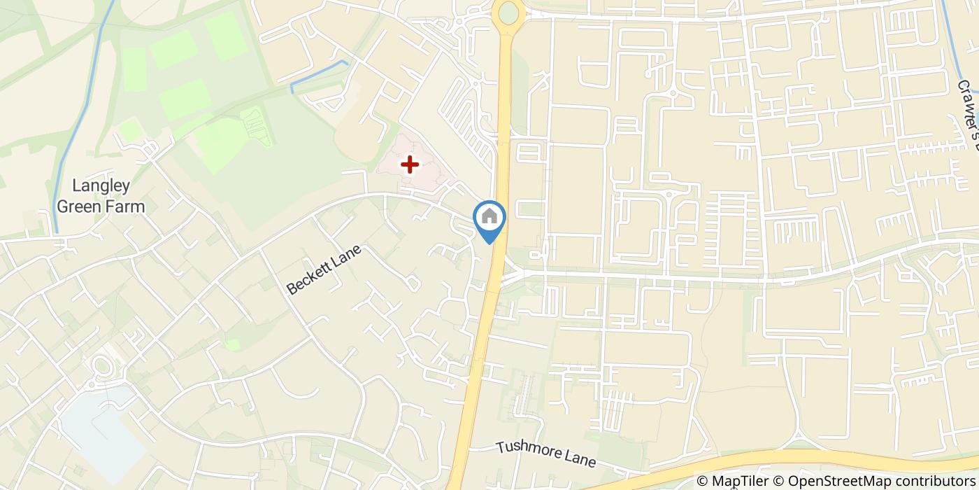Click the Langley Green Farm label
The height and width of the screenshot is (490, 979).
[x=101, y=196]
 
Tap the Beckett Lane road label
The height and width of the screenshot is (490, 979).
[x=324, y=269]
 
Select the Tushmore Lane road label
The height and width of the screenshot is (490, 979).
[x=545, y=454]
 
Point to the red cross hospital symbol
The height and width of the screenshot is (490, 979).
[x=409, y=164]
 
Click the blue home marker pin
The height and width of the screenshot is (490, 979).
[x=489, y=218]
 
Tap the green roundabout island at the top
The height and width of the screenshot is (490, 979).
[x=508, y=13]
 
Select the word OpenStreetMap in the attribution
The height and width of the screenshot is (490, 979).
[x=834, y=481]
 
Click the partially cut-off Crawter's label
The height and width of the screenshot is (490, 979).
[x=969, y=115]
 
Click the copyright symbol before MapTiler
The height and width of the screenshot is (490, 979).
[x=703, y=481]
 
